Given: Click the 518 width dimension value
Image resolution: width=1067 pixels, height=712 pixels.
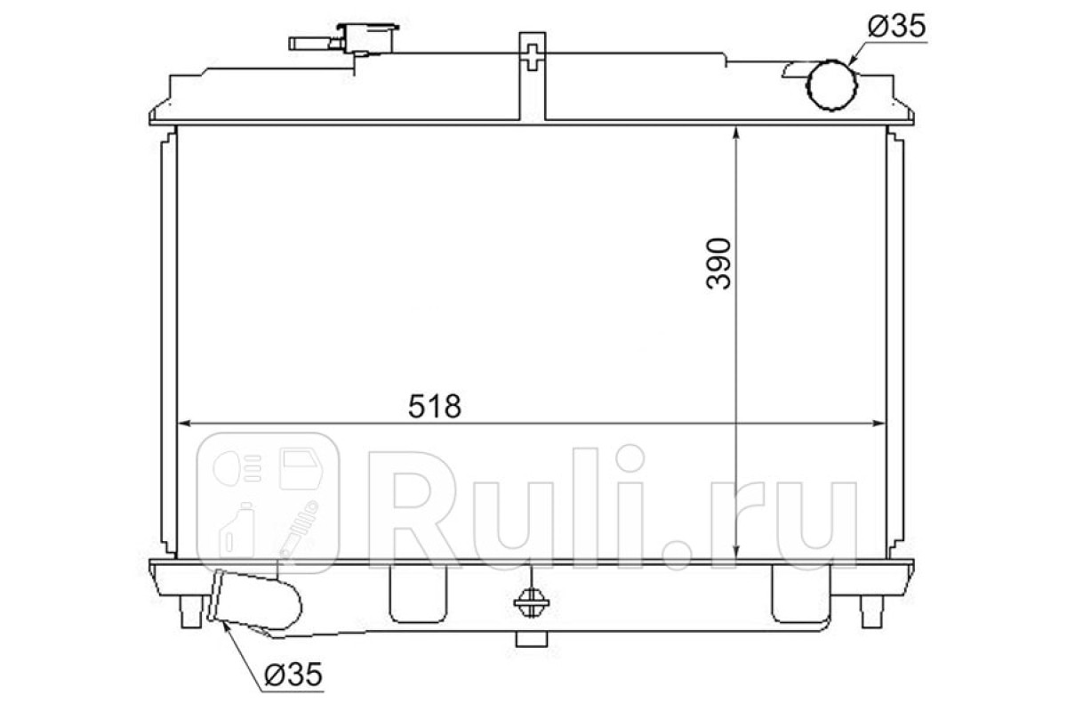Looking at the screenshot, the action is coord(435,406).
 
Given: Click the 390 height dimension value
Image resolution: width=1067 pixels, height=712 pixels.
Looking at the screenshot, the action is coord(718,263).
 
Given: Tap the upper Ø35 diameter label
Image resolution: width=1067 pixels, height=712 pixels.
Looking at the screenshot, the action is coord(896,26).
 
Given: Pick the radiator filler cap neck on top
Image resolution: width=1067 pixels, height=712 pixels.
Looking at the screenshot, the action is coord(366,37).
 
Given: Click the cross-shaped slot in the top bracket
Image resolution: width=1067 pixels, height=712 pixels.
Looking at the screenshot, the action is coord(532,57).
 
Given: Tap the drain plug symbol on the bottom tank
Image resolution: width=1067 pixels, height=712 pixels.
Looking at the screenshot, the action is coord(531,603).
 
